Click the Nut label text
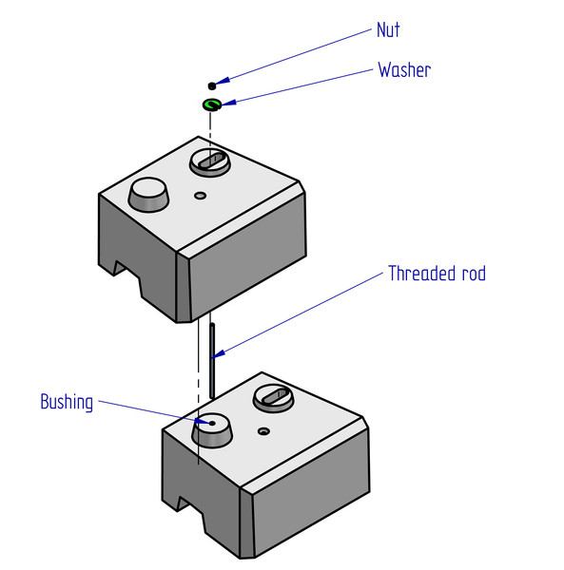click(x=388, y=29)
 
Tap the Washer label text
click(x=404, y=69)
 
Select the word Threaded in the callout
click(x=421, y=273)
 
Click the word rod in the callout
click(x=474, y=274)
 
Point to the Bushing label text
click(x=67, y=403)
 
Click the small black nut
click(x=212, y=85)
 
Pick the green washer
click(x=212, y=104)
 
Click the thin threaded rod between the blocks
click(x=212, y=361)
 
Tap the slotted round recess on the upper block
click(x=210, y=162)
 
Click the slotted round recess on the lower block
click(x=273, y=398)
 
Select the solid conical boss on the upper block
click(x=148, y=195)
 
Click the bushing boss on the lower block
click(x=212, y=429)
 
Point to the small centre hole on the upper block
click(x=200, y=196)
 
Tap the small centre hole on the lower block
click(x=263, y=431)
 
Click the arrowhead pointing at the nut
click(x=223, y=81)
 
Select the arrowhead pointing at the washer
click(x=229, y=103)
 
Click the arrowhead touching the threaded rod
click(x=218, y=354)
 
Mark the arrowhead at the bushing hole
click(x=203, y=422)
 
